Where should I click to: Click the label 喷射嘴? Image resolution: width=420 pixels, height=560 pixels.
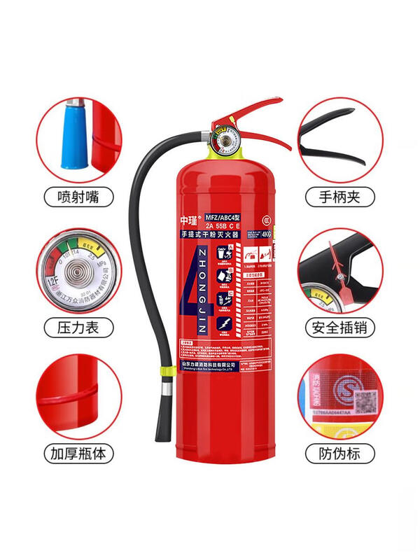click(78, 197)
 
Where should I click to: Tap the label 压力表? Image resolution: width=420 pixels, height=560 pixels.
click(78, 326)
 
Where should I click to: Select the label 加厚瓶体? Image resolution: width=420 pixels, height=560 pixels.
click(78, 454)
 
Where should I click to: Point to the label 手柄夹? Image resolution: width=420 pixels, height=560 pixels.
click(340, 197)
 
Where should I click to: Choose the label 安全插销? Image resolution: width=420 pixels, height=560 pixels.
click(340, 326)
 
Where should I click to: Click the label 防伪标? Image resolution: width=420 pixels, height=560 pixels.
click(340, 454)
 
